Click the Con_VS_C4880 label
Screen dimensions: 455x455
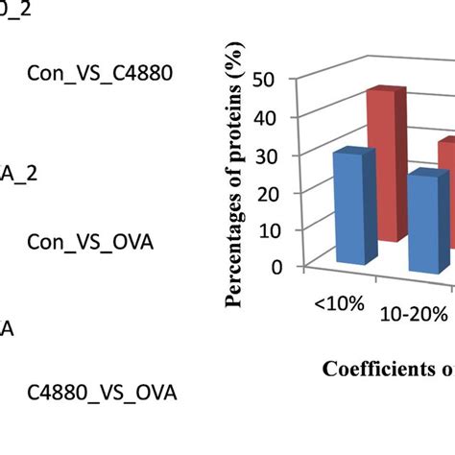pyautogui.click(x=100, y=72)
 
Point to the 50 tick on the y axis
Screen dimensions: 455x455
pyautogui.click(x=277, y=81)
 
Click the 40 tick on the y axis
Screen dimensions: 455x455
pyautogui.click(x=277, y=118)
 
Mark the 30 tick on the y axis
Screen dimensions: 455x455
pyautogui.click(x=277, y=156)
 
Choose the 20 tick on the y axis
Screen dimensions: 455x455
pyautogui.click(x=277, y=193)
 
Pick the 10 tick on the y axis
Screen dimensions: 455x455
pyautogui.click(x=277, y=230)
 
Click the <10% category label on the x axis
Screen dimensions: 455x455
pyautogui.click(x=339, y=303)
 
